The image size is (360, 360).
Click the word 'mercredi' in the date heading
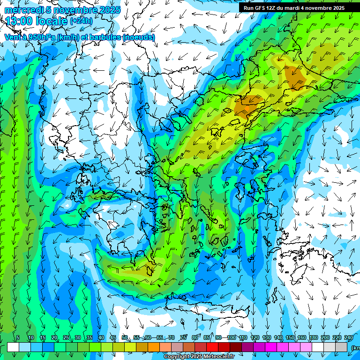[22, 10]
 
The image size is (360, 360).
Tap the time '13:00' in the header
[19, 21]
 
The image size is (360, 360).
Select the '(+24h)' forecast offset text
[81, 21]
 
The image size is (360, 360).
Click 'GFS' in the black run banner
[261, 8]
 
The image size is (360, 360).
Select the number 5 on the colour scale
[18, 338]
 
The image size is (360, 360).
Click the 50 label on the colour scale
[124, 338]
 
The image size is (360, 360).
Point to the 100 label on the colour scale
[231, 338]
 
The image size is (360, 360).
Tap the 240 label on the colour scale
[348, 338]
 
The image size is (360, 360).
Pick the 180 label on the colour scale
[313, 338]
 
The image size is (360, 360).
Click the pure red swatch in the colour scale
[212, 347]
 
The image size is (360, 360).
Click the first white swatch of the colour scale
[13, 347]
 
